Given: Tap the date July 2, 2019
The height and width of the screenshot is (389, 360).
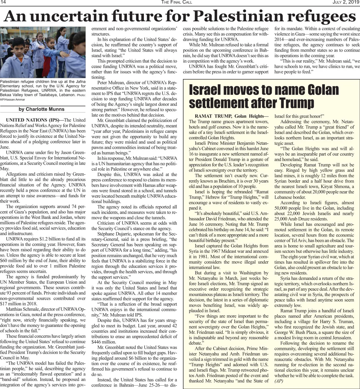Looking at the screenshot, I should click(x=346, y=2).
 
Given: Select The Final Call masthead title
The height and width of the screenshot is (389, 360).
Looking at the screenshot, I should click(x=177, y=2).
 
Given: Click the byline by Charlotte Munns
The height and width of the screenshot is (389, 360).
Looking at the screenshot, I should click(x=41, y=109).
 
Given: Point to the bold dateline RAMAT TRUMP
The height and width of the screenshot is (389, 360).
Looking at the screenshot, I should click(x=214, y=116).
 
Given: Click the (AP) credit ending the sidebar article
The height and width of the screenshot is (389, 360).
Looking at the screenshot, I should click(x=279, y=381).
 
